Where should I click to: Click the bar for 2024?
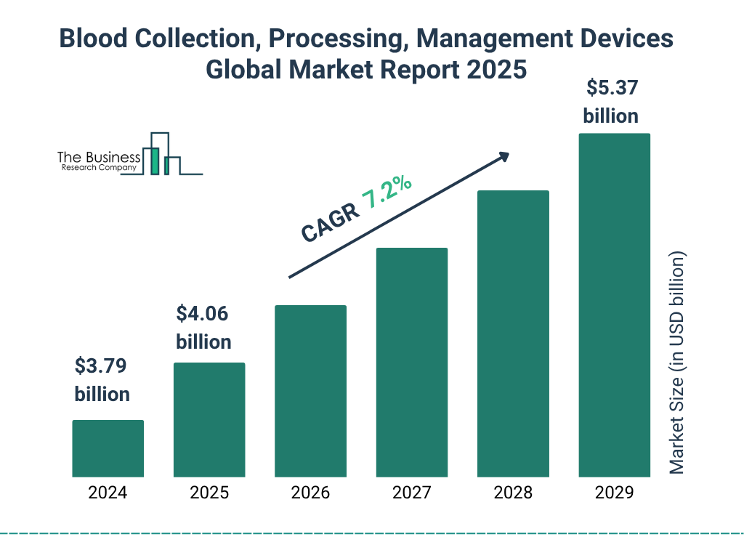coord(108,448)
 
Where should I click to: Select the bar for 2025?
coord(209,420)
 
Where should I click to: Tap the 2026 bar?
coord(310,391)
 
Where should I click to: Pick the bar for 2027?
coord(411,363)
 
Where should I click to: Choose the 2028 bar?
coord(513,333)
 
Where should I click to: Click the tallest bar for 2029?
coord(614,305)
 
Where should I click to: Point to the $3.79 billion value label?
coord(102,380)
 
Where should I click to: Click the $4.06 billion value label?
coord(203,328)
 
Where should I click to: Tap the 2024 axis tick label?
coord(108,493)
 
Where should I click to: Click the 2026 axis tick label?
coord(310,493)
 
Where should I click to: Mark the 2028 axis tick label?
coord(513,493)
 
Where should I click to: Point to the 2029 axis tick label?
coord(614,493)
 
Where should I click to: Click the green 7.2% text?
coord(387,193)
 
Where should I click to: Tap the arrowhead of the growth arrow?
coord(503,157)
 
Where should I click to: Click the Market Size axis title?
coord(677,363)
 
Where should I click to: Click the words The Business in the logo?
coord(99,158)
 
